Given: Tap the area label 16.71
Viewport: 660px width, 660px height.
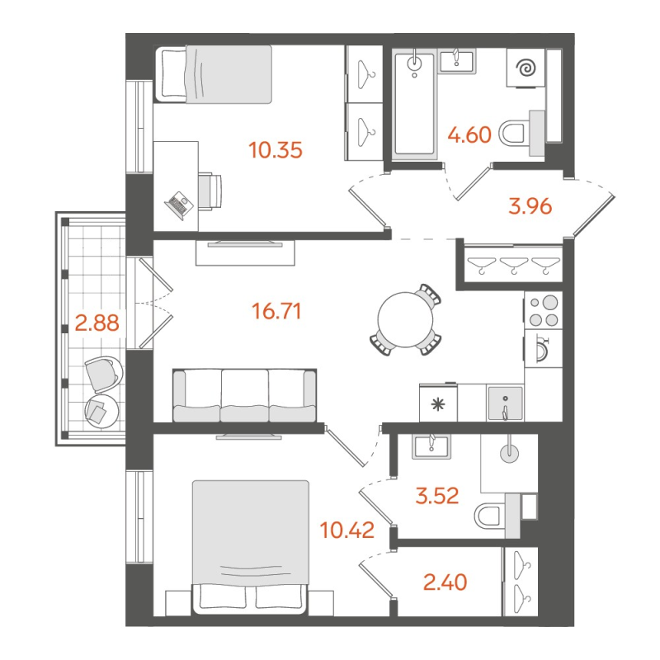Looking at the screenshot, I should coord(276,311).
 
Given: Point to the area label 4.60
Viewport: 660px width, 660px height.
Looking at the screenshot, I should coord(469,134).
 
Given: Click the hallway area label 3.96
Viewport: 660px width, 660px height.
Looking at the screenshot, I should coord(528,205).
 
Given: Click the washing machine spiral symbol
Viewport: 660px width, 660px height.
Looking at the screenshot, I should coord(525,70).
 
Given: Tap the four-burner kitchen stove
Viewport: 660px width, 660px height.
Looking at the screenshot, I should coord(543,313).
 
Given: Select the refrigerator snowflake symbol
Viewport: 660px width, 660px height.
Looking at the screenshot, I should coord(437,404).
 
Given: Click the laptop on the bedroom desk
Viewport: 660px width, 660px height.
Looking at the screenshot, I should coord(179,203).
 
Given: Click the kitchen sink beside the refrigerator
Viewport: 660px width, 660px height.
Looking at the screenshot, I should coord(503,403).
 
